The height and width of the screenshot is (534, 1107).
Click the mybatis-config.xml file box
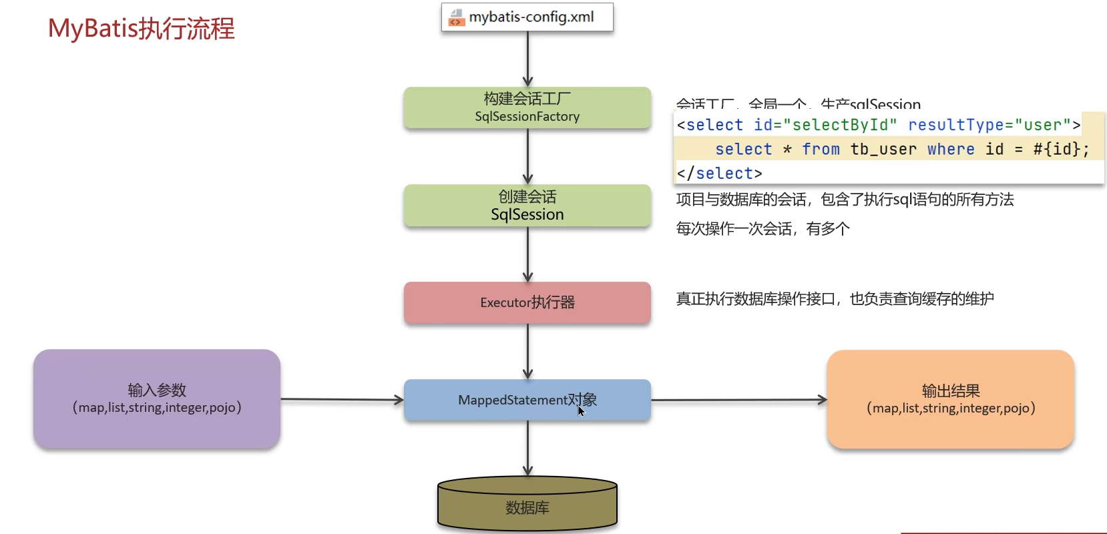[x=527, y=17]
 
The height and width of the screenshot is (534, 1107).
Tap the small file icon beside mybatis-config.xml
[x=457, y=17]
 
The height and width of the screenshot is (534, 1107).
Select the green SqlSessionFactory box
[x=527, y=107]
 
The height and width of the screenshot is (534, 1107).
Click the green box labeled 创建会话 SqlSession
[x=527, y=206]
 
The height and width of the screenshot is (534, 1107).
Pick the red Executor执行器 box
[x=527, y=302]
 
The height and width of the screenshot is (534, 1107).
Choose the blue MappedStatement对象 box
[x=527, y=400]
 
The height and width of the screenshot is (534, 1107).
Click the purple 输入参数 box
[x=157, y=398]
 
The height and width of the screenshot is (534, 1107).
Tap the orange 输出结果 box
[x=950, y=399]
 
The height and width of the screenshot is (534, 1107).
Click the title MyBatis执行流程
[x=142, y=29]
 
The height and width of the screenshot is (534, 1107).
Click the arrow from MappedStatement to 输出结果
[x=738, y=400]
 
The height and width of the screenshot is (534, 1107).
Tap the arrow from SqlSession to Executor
[x=527, y=254]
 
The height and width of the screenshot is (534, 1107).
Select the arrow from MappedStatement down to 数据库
[x=527, y=448]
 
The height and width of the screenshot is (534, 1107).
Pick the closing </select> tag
[x=719, y=174]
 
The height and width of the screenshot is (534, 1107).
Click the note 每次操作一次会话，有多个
[x=762, y=229]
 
